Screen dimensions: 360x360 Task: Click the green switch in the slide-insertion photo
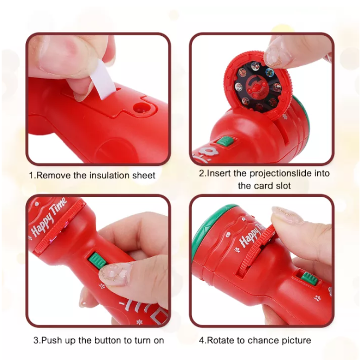point(226,142)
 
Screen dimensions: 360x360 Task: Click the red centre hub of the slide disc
point(255,87)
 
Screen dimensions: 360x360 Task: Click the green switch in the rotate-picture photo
point(308,279)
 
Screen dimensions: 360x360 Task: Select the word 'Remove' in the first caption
point(54,176)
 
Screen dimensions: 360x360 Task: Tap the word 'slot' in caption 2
point(284,185)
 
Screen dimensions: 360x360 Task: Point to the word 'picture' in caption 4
point(297,340)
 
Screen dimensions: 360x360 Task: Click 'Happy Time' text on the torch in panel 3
point(49,217)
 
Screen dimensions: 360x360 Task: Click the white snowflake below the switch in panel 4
point(318,299)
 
